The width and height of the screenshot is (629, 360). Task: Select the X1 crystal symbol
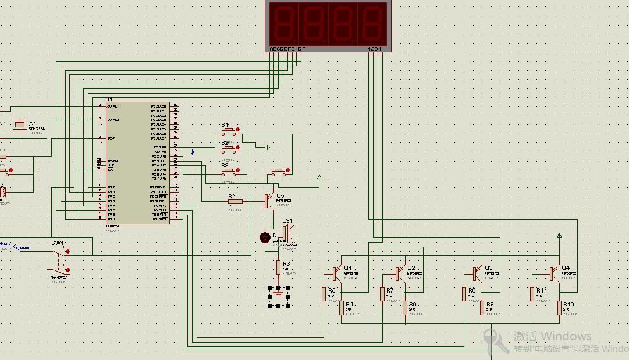click(20, 124)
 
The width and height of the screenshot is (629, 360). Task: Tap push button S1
click(230, 130)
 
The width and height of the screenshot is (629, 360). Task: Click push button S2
click(230, 148)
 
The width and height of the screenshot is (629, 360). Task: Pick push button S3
click(230, 170)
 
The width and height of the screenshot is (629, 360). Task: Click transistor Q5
click(268, 201)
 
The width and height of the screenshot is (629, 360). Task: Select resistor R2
click(234, 201)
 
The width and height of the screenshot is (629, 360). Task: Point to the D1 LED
click(265, 237)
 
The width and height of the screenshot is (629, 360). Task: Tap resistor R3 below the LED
click(279, 267)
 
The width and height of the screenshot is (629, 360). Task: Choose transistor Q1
click(337, 272)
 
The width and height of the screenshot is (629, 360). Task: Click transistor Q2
click(400, 272)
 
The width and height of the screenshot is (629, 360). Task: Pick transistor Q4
click(553, 272)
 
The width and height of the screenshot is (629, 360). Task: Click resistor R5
click(324, 294)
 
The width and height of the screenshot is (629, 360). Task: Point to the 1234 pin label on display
click(375, 49)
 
